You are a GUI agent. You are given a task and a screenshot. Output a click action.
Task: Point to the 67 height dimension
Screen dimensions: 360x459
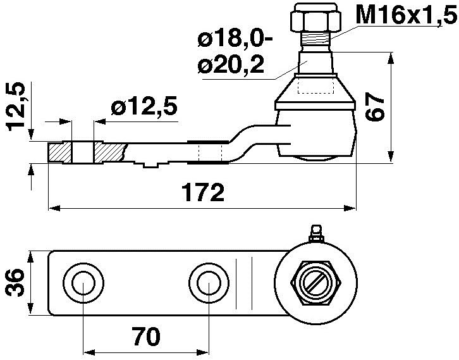pyautogui.click(x=375, y=106)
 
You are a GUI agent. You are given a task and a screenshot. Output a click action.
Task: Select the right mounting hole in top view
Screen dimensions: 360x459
pyautogui.click(x=207, y=283)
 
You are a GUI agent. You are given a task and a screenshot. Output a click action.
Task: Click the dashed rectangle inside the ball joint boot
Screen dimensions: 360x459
pyautogui.click(x=314, y=85)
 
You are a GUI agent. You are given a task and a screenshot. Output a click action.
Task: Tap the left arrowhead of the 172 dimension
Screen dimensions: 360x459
pyautogui.click(x=54, y=208)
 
